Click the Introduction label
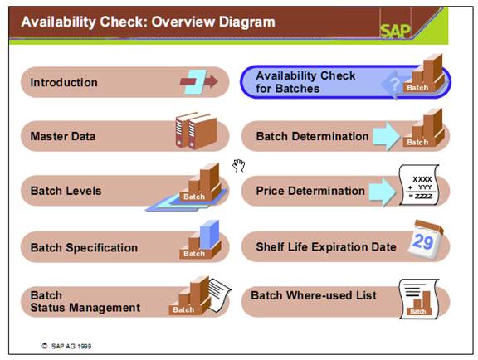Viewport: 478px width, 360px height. pos(64,82)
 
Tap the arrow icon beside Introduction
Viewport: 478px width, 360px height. pos(199,80)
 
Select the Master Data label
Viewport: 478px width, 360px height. pos(63,136)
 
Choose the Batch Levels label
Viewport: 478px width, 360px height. pos(66,191)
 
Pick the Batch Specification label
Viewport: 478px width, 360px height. pos(84,247)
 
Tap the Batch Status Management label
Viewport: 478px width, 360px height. pos(85,301)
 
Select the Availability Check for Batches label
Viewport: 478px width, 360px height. pos(305,81)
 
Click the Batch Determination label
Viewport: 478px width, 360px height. pos(312,136)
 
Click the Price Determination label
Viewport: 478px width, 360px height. pos(310,191)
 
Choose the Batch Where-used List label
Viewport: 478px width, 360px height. pos(314,295)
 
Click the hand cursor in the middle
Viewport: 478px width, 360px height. pos(239,165)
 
